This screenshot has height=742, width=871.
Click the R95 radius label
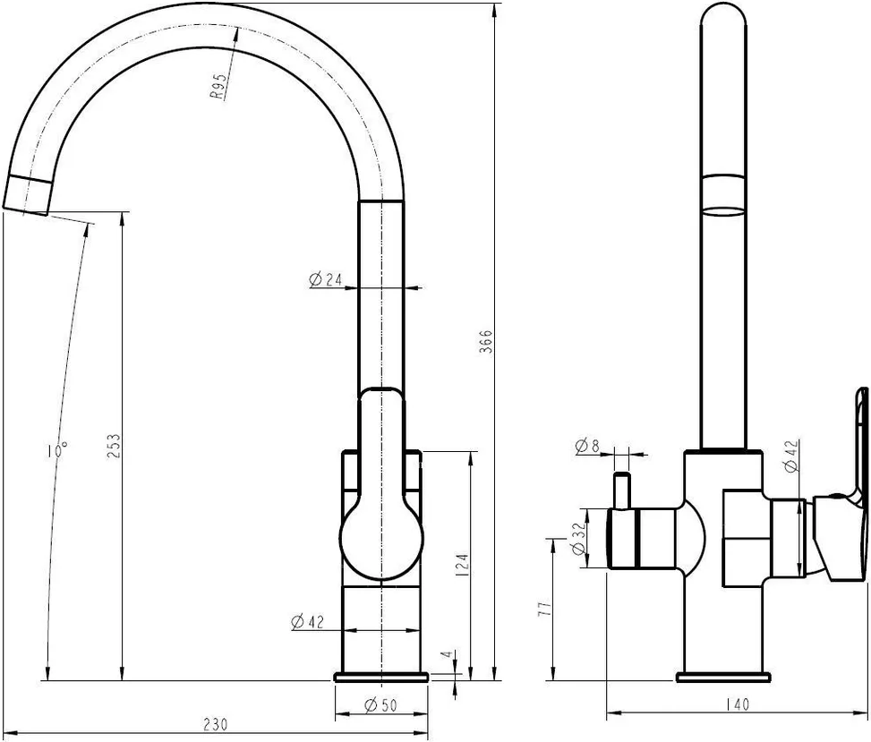(x=218, y=87)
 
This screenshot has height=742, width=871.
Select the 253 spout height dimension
(x=114, y=446)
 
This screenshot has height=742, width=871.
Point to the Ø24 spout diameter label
(x=326, y=280)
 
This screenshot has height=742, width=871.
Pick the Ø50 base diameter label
(x=380, y=705)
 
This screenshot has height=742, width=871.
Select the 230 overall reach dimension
(x=215, y=724)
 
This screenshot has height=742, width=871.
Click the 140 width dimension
(x=737, y=704)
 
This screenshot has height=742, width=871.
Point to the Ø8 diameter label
(x=588, y=446)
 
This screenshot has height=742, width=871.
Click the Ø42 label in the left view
(x=307, y=622)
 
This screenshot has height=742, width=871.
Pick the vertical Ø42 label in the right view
(x=792, y=456)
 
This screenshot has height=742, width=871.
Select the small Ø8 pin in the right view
(x=620, y=490)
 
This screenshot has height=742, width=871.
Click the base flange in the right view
(x=724, y=677)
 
